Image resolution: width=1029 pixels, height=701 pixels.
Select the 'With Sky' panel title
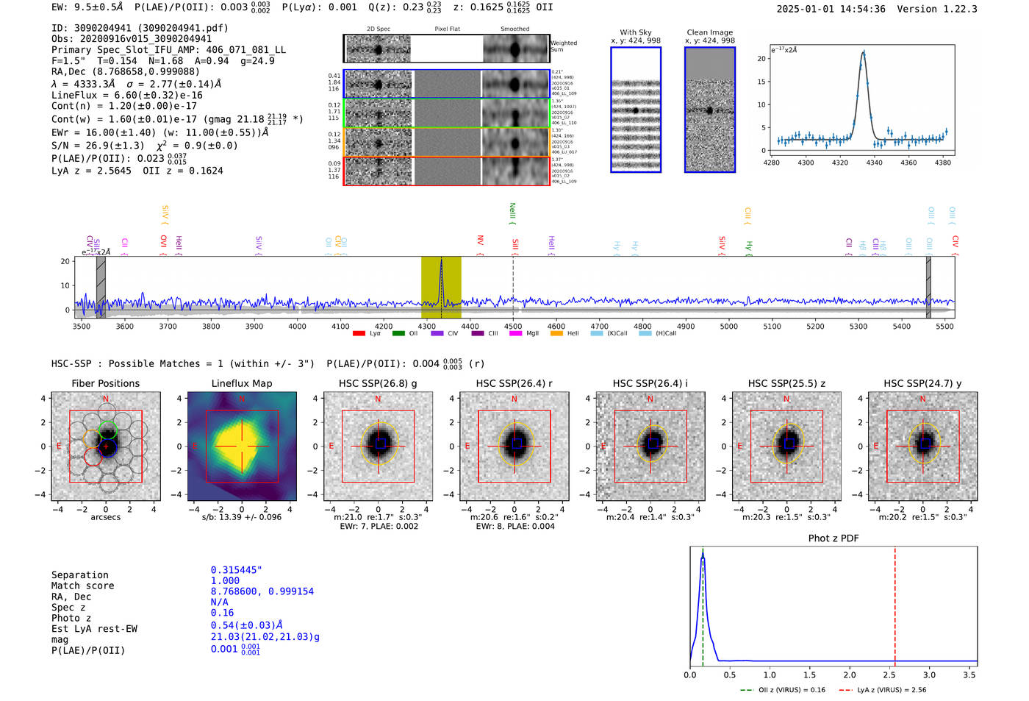point(635,32)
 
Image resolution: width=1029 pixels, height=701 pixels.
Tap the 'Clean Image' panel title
point(709,32)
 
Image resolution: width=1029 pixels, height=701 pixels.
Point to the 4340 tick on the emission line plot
point(874,163)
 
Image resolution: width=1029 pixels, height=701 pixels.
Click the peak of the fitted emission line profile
point(864,52)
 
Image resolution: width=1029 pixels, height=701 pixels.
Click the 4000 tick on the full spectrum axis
point(297,327)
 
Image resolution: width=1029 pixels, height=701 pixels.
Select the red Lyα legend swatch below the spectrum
point(359,334)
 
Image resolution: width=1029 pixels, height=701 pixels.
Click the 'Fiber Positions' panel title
point(105,383)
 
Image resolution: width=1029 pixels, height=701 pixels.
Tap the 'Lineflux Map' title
point(241,383)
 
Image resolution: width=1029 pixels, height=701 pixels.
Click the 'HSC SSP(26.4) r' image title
point(514,383)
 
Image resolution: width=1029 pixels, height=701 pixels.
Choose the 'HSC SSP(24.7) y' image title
point(922,383)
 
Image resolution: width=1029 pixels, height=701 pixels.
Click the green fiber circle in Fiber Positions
point(107,429)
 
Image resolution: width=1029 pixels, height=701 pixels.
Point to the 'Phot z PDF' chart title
point(833,538)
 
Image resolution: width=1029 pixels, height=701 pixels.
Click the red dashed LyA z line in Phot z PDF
point(894,603)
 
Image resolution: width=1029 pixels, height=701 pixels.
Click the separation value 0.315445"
point(236,570)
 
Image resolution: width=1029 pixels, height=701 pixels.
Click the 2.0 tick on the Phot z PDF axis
point(849,675)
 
